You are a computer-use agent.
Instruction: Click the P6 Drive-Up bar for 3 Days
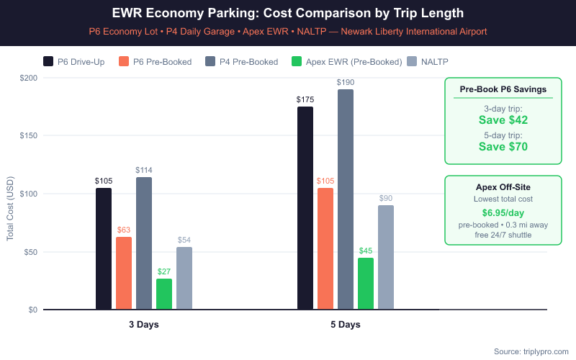(x=104, y=248)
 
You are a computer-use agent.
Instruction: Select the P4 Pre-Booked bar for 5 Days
(x=346, y=199)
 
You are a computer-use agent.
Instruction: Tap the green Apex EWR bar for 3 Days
(x=164, y=294)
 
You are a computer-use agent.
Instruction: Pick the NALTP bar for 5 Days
(x=386, y=257)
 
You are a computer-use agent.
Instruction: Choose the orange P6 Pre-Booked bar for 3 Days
(x=124, y=273)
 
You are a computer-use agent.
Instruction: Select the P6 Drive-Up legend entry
(x=74, y=62)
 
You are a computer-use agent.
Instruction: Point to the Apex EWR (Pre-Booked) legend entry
(x=346, y=62)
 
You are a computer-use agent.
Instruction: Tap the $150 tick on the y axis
(x=29, y=135)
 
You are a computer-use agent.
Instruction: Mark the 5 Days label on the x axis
(x=346, y=325)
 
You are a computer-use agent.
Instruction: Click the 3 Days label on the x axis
(x=144, y=325)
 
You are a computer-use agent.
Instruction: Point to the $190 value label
(x=346, y=83)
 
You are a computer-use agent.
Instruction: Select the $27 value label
(x=164, y=272)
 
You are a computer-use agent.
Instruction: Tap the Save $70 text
(x=503, y=147)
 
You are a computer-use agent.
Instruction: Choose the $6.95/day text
(x=503, y=213)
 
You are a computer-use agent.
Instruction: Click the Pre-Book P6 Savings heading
(x=503, y=89)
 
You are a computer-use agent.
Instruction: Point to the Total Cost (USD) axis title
(x=10, y=210)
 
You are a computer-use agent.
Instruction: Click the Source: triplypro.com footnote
(x=531, y=351)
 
